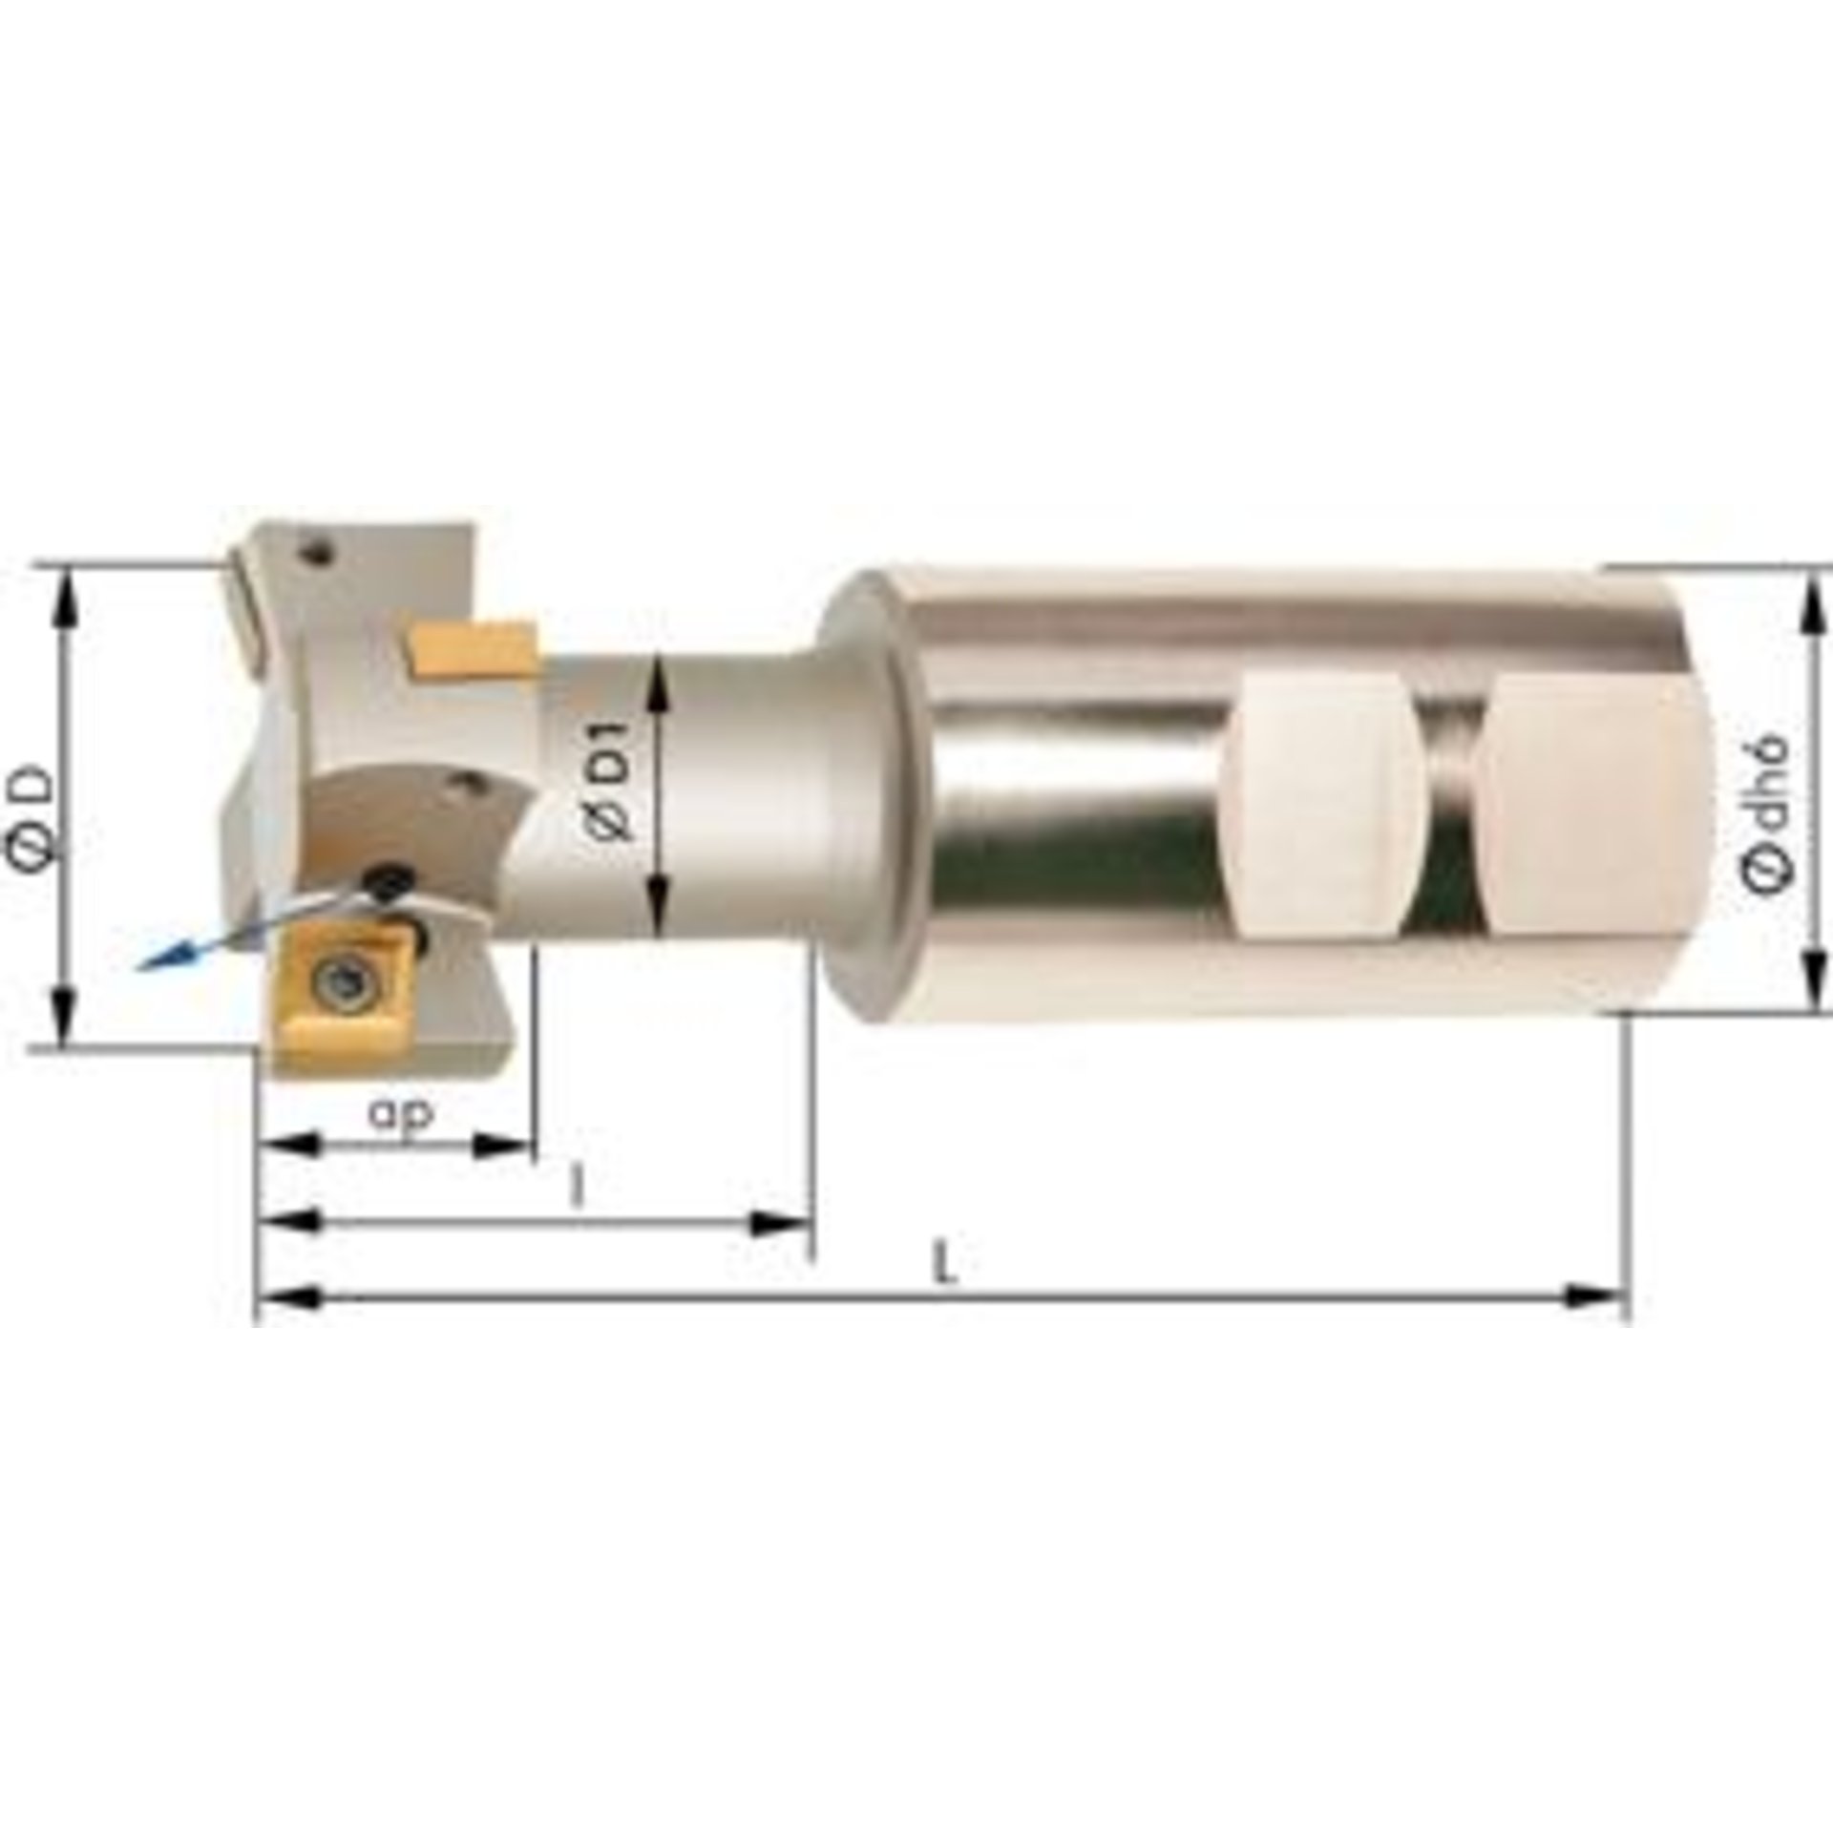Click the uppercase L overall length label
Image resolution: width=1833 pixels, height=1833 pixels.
tap(944, 1267)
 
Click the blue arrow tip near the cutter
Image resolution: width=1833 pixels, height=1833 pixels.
tap(143, 966)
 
